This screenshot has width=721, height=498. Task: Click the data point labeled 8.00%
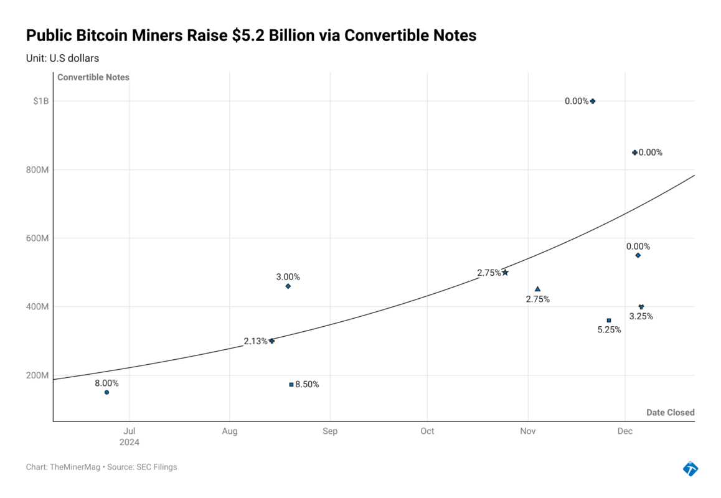click(x=106, y=392)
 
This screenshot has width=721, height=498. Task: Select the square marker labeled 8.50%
click(x=291, y=385)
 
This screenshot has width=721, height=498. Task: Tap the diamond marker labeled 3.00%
click(x=288, y=286)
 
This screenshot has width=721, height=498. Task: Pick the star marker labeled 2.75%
click(x=505, y=273)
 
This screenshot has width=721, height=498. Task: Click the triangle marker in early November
click(x=537, y=289)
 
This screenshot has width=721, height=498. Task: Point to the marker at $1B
click(x=593, y=101)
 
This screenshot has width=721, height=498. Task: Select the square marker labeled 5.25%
click(x=609, y=321)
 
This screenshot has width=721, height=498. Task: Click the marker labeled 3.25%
click(x=641, y=307)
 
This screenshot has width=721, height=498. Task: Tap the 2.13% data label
click(x=255, y=341)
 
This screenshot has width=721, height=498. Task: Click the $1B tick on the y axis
click(x=40, y=101)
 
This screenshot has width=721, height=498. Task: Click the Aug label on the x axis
click(x=230, y=431)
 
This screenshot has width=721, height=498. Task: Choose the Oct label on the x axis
click(x=427, y=431)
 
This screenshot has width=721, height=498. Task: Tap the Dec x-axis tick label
click(x=625, y=431)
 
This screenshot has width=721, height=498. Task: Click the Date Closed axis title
click(x=670, y=413)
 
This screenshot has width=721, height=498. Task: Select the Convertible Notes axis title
click(x=93, y=77)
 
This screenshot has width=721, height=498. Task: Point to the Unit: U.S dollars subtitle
click(x=62, y=58)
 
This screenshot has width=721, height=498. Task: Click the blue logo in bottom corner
click(x=690, y=468)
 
